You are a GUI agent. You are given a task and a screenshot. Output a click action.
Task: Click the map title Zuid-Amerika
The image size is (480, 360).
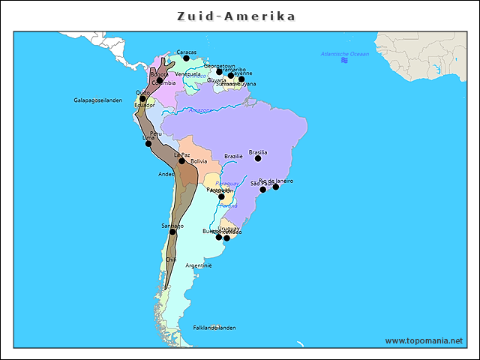pyautogui.click(x=236, y=16)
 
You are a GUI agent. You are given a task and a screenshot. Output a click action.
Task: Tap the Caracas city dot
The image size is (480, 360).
pyautogui.click(x=187, y=58)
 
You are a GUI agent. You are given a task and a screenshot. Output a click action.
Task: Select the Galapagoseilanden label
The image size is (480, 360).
pyautogui.click(x=97, y=100)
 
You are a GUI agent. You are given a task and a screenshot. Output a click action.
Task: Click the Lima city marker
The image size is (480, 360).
pyautogui.click(x=148, y=143)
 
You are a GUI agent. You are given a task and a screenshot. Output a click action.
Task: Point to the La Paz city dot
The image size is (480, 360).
pyautogui.click(x=181, y=160)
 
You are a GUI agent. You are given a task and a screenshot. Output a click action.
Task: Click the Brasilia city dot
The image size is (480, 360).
pyautogui.click(x=258, y=158)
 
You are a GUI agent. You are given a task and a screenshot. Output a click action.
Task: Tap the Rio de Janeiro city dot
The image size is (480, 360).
pyautogui.click(x=276, y=186)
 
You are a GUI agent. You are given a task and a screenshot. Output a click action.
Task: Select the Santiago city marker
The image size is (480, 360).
pyautogui.click(x=172, y=232)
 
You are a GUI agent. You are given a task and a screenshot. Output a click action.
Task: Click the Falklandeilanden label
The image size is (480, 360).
pyautogui.click(x=214, y=328)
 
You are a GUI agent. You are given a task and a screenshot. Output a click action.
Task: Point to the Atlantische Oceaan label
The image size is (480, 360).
pyautogui.click(x=345, y=54)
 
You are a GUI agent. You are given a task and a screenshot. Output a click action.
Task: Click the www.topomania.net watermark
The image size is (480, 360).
pyautogui.click(x=424, y=341)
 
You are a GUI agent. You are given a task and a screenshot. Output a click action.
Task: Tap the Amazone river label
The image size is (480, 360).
pyautogui.click(x=200, y=110)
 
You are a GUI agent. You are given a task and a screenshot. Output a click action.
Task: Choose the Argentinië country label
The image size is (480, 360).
pyautogui.click(x=199, y=265)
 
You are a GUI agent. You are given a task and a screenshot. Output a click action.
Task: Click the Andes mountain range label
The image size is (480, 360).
pyautogui.click(x=166, y=174)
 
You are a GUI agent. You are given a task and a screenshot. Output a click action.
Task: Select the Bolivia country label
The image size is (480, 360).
pyautogui.click(x=199, y=161)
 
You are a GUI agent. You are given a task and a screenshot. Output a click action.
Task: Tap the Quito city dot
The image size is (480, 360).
pyautogui.click(x=142, y=98)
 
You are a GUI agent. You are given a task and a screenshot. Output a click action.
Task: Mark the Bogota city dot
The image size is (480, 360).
pyautogui.click(x=160, y=80)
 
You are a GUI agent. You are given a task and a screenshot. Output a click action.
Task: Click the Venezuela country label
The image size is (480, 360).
pyautogui.click(x=188, y=74)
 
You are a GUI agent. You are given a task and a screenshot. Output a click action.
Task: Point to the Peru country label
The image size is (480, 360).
pyautogui.click(x=155, y=133)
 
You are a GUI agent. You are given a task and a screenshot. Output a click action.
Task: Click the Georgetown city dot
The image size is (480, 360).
pyautogui.click(x=220, y=72)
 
